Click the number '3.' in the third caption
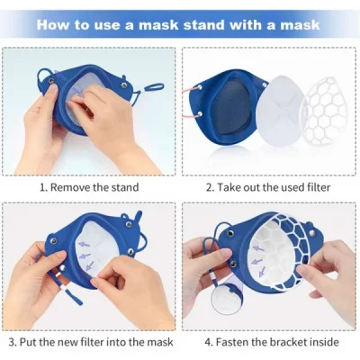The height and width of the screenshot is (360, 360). click(x=13, y=343)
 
